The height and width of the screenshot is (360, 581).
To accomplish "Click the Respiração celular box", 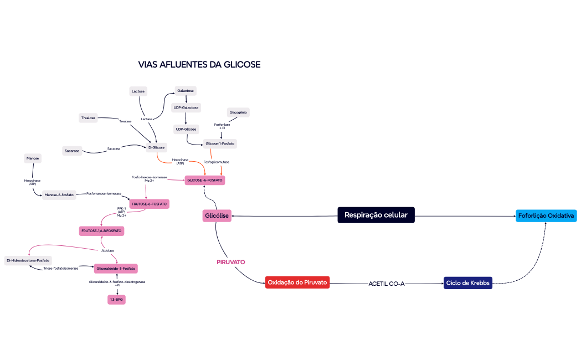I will coord(376,215).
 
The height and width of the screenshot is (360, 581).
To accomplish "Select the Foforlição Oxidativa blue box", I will coord(546,215).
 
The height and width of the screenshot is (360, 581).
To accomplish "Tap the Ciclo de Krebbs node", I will coord(468,283).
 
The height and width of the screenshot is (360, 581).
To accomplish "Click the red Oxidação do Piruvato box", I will coord(298,282).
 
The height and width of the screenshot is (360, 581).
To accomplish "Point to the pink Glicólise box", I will coord(217,215).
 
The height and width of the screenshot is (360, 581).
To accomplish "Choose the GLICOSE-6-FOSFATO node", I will coord(205,181).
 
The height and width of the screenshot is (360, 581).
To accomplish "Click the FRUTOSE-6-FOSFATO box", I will coord(149,204).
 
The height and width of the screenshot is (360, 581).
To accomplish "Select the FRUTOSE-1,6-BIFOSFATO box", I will coord(102,230).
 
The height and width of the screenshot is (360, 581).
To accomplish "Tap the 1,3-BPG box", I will coord(116,300).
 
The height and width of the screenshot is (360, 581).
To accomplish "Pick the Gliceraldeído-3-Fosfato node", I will coord(116,268).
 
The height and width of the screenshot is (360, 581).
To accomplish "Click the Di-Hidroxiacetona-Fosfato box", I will coord(28,260).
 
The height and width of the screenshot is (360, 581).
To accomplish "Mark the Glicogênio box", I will coord(238,112).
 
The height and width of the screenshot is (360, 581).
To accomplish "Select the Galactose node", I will coord(186,90).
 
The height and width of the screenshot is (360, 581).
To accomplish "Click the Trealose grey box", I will coord(88,118).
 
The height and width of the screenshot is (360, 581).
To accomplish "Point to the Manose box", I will coord(33,158).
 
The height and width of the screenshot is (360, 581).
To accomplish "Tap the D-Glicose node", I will coord(157,147).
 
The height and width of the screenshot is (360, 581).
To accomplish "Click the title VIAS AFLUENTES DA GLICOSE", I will coord(199,65).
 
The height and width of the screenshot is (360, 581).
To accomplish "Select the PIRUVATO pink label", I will coord(231,261).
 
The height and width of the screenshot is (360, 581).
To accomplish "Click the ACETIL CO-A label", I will coord(387,284).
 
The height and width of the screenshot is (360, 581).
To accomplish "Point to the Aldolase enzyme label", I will coord(108,250).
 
